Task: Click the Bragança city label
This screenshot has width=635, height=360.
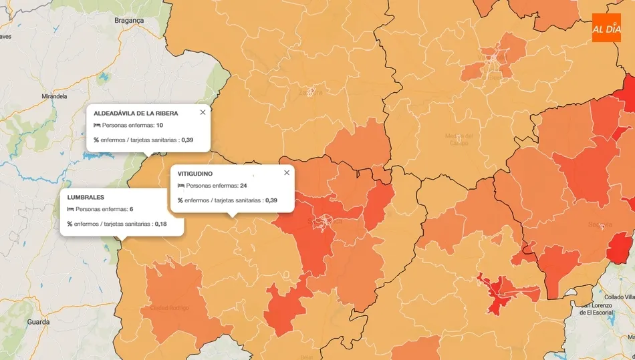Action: (129, 21)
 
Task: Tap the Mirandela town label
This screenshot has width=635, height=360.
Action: (54, 96)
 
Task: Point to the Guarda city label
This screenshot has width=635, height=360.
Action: (38, 322)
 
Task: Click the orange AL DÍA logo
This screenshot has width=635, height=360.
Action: (606, 27)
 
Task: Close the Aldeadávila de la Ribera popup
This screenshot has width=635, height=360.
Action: (203, 112)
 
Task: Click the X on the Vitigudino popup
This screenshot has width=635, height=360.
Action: (287, 172)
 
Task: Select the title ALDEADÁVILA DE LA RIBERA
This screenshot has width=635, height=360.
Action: (136, 114)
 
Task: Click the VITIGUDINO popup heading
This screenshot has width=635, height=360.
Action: (195, 174)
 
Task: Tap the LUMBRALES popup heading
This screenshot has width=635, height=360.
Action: (86, 197)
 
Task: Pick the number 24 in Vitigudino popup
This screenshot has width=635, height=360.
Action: (243, 186)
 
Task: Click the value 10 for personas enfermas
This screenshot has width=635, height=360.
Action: (160, 126)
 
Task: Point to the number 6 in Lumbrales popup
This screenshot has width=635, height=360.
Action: (131, 209)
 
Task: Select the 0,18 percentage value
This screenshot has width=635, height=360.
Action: (160, 224)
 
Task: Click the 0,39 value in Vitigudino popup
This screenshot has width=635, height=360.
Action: (271, 200)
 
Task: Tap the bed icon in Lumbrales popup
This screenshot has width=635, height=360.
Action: (70, 209)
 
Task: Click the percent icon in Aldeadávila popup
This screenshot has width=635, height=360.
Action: (96, 140)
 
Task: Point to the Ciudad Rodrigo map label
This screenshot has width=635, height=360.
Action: (169, 308)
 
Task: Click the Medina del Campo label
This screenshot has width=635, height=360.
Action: (459, 139)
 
